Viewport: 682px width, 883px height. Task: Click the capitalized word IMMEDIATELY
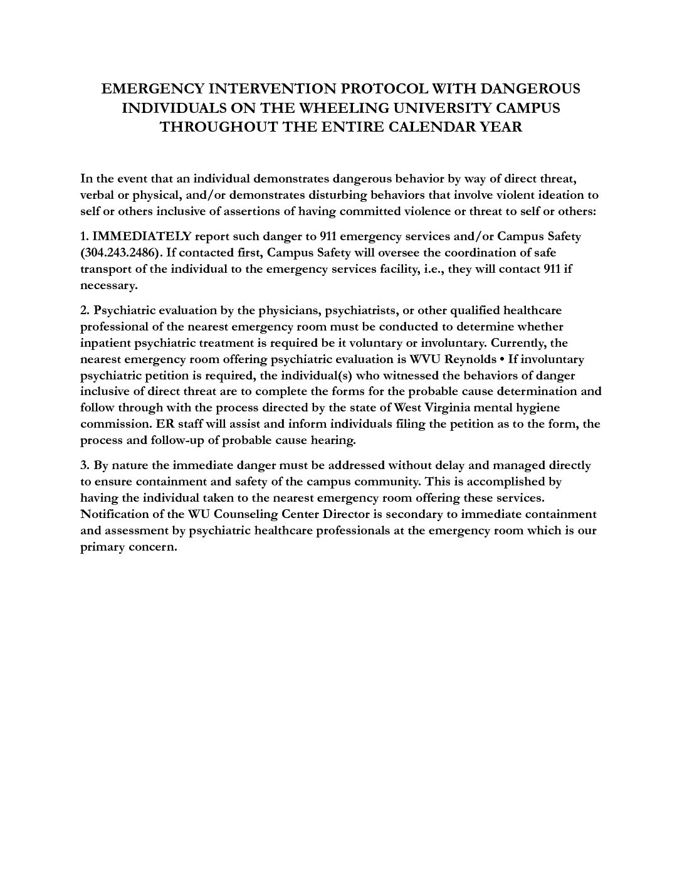[142, 236]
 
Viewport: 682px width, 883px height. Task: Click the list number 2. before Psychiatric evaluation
[85, 310]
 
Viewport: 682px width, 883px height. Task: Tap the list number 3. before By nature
[85, 465]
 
